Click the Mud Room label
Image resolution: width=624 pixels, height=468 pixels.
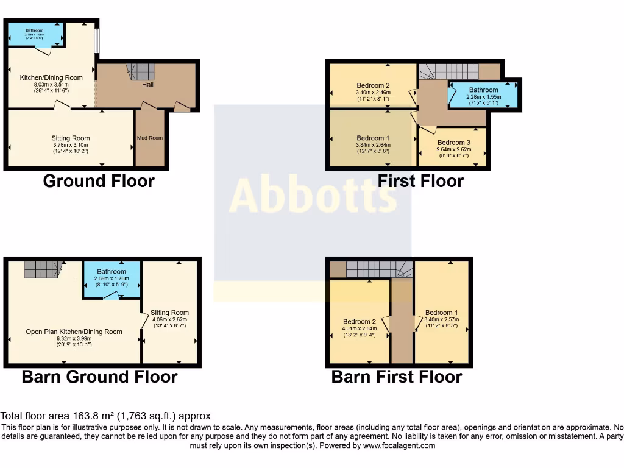[x=150, y=138]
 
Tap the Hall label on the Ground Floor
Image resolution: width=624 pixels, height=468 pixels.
[x=147, y=85]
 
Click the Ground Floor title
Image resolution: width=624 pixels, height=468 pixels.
[x=99, y=181]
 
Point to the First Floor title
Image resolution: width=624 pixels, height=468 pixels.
[x=420, y=181]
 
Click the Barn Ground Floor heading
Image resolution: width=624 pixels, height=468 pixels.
[x=99, y=377]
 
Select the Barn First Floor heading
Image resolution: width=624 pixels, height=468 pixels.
[x=396, y=377]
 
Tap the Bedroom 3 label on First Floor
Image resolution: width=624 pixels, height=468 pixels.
[x=453, y=143]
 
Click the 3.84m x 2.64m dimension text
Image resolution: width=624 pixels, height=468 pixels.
[x=373, y=145]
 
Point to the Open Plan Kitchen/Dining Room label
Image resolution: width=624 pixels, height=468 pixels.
[x=74, y=332]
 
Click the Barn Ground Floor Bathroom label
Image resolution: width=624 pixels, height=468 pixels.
[x=112, y=272]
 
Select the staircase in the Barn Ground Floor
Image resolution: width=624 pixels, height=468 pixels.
[x=43, y=269]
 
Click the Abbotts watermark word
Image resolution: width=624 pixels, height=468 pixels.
[x=313, y=196]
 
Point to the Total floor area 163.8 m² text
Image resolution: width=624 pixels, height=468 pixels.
[x=107, y=416]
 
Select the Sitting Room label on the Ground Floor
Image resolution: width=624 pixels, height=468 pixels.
[x=71, y=138]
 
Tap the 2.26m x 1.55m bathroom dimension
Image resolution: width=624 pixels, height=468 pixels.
[x=483, y=96]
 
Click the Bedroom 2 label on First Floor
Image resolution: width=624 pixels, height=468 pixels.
[x=373, y=85]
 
